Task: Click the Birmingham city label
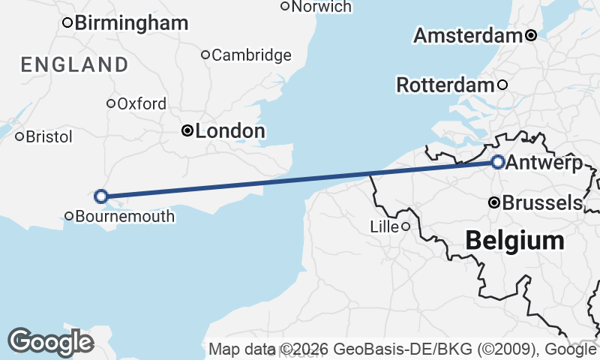pos(131,22)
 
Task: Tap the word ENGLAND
pos(74,64)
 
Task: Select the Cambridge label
pos(251,55)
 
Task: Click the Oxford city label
pos(142,103)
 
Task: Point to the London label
pos(229,131)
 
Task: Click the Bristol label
pos(49,136)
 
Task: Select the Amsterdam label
pos(467,35)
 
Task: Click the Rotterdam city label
pos(445,85)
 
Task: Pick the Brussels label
pos(542,202)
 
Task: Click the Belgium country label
pos(514,241)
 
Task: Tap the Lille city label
pos(385,226)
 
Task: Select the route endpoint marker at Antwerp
pos(498,161)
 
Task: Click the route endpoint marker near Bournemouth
pos(100,196)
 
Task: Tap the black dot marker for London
pos(187,131)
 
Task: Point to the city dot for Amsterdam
pos(531,35)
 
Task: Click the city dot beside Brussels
pos(494,202)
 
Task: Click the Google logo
pos(50,342)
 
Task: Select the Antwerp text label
pos(544,163)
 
